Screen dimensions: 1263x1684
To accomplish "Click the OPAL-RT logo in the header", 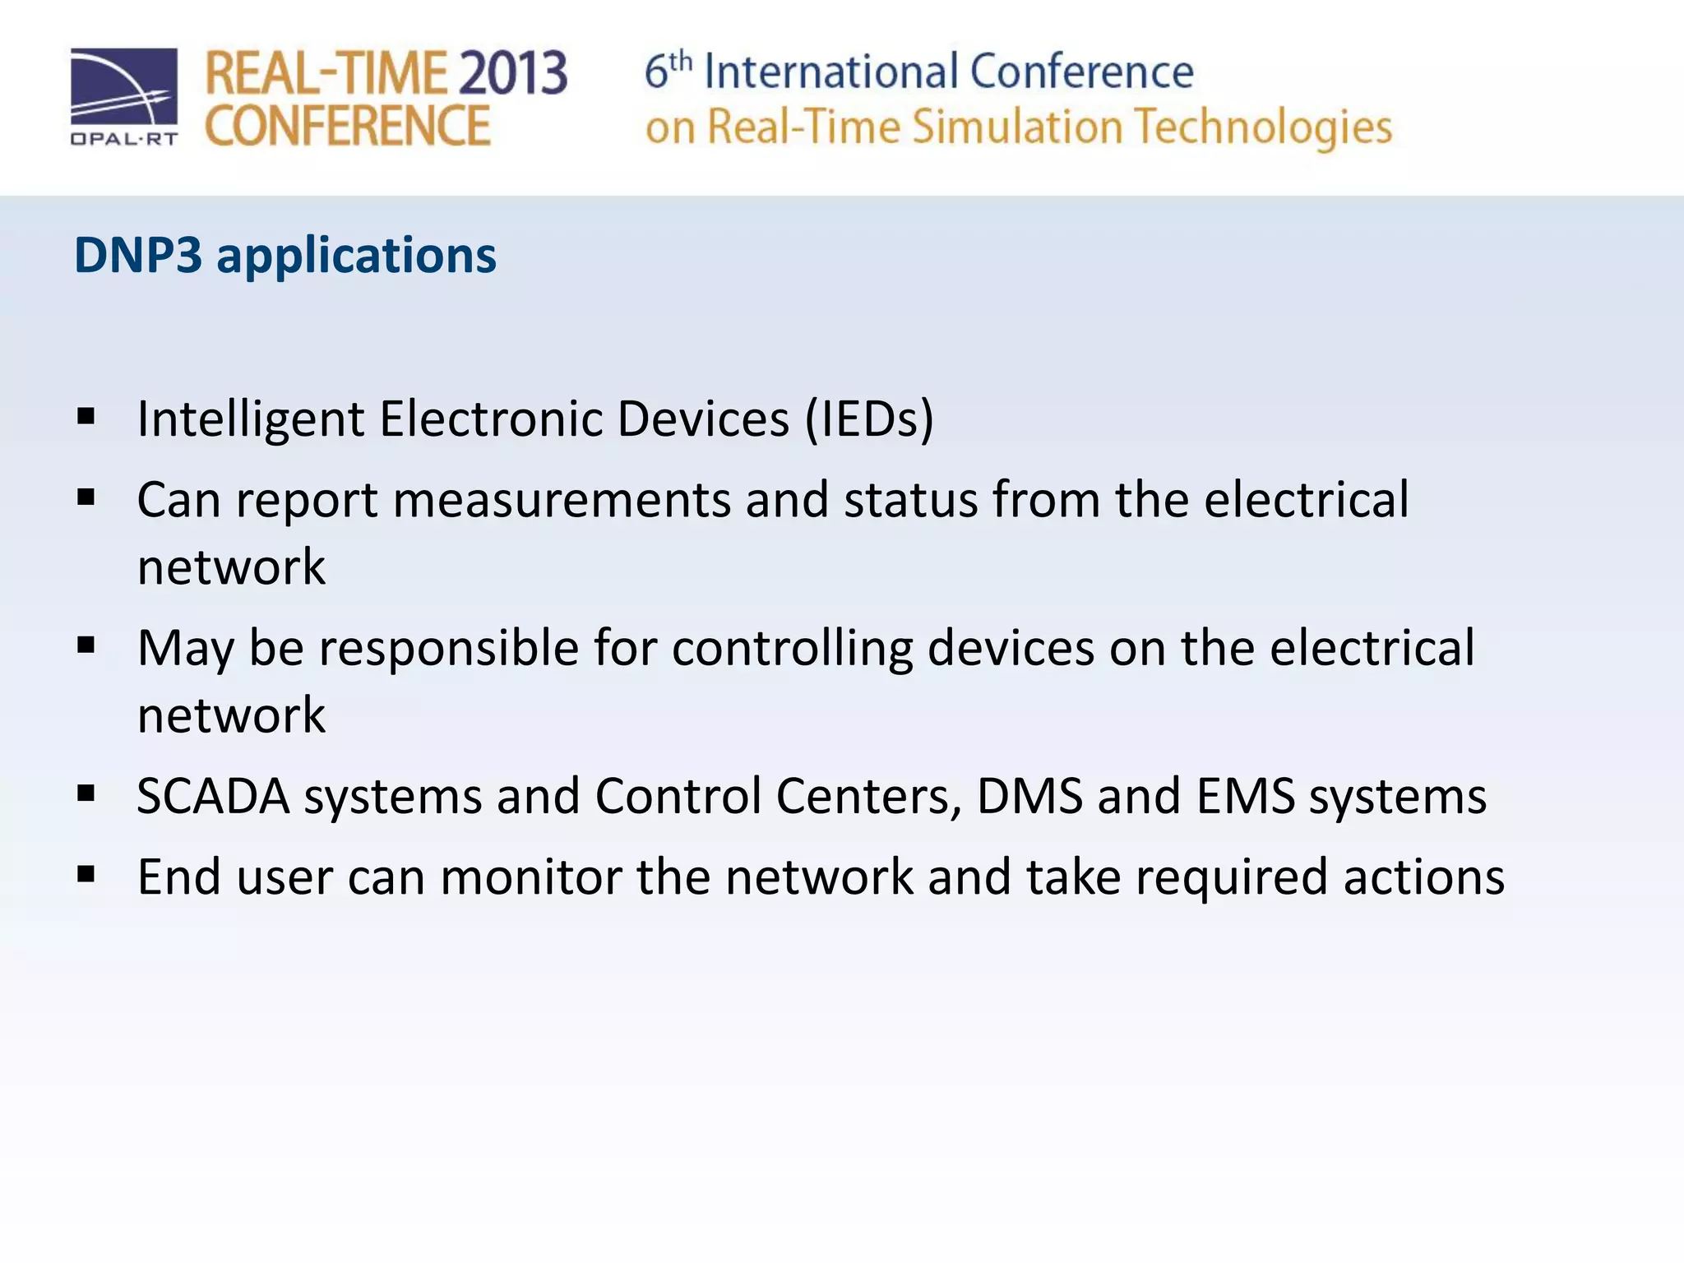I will click(x=123, y=97).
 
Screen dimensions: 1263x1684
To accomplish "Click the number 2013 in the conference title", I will click(x=511, y=73).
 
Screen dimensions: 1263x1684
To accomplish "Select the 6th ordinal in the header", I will click(x=667, y=70).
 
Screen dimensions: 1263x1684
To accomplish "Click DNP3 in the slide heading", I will click(x=137, y=255).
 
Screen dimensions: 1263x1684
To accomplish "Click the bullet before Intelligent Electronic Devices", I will click(x=86, y=417).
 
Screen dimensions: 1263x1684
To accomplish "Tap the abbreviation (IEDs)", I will click(x=869, y=419).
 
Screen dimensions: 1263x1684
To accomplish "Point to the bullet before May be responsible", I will click(x=86, y=646).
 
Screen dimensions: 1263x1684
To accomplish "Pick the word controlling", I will click(x=792, y=649).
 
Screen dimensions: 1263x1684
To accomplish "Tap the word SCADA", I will click(x=213, y=796).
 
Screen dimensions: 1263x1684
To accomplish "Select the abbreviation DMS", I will click(x=1029, y=796).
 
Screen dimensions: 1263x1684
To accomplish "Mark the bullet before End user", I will click(x=86, y=875).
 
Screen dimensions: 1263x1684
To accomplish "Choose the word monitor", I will click(x=530, y=877).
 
